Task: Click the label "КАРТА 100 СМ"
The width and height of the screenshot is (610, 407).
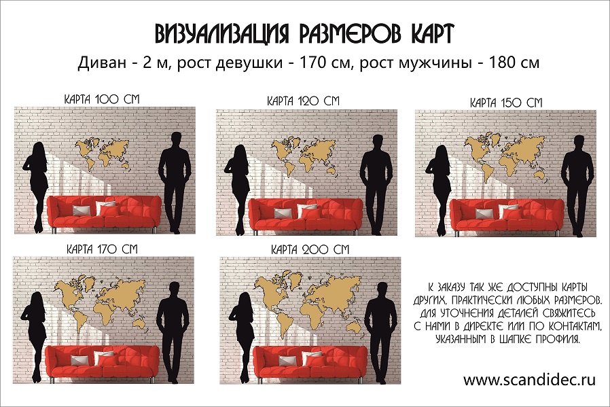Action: click(x=101, y=99)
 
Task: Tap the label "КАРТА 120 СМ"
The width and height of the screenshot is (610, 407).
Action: click(x=303, y=101)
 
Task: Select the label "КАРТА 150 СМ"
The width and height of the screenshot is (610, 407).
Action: click(x=506, y=103)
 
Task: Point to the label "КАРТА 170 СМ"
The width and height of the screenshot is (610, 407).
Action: click(x=102, y=249)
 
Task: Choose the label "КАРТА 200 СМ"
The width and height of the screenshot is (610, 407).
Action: click(x=310, y=249)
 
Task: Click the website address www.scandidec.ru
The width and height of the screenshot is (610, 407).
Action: click(x=529, y=379)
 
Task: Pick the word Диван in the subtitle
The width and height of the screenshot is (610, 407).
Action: click(x=101, y=63)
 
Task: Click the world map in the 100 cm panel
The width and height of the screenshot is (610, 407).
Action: click(x=103, y=153)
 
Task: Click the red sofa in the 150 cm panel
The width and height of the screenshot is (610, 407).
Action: click(x=507, y=216)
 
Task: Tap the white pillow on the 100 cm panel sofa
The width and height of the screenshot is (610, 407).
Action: click(x=105, y=207)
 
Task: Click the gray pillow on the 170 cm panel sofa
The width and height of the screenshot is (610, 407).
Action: click(x=79, y=360)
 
